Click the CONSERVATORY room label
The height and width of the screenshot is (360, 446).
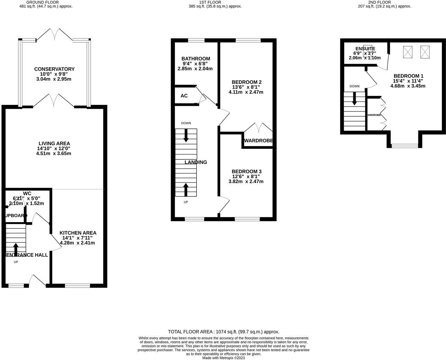pyautogui.click(x=54, y=69)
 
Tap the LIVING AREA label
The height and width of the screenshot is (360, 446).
pyautogui.click(x=54, y=143)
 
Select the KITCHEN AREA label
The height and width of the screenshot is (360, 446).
pyautogui.click(x=78, y=233)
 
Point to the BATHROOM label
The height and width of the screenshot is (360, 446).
pyautogui.click(x=196, y=59)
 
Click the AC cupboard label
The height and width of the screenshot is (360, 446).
pyautogui.click(x=184, y=96)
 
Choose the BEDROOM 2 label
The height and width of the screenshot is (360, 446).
pyautogui.click(x=246, y=82)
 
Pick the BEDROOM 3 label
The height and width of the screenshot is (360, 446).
pyautogui.click(x=246, y=172)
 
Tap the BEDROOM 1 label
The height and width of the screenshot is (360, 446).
pyautogui.click(x=408, y=76)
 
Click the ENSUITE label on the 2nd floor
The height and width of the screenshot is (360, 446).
pyautogui.click(x=365, y=49)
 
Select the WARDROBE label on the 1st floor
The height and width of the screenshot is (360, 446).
pyautogui.click(x=258, y=141)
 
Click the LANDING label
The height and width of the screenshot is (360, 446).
pyautogui.click(x=196, y=162)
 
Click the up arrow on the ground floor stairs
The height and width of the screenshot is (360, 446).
pyautogui.click(x=16, y=249)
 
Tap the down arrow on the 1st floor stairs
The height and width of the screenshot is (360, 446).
pyautogui.click(x=186, y=135)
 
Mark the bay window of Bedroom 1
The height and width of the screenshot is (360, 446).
pyautogui.click(x=404, y=146)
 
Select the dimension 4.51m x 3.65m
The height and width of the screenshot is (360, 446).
pyautogui.click(x=54, y=153)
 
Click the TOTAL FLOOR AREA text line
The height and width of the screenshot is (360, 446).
pyautogui.click(x=223, y=332)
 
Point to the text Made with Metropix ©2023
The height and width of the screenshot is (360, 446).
pyautogui.click(x=223, y=358)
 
